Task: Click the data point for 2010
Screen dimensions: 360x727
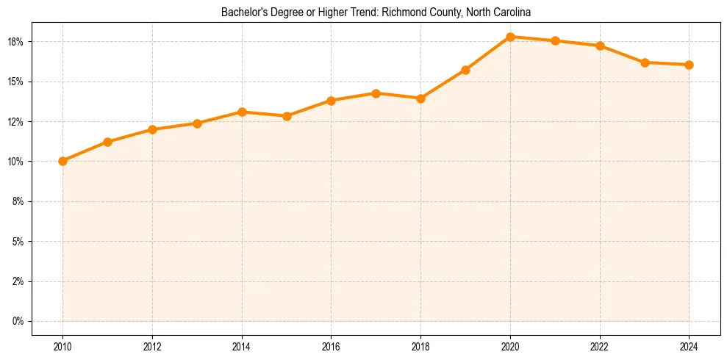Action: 62,161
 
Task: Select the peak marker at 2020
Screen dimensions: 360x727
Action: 510,37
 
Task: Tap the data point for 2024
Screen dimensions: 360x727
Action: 689,65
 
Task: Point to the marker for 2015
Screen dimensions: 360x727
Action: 287,116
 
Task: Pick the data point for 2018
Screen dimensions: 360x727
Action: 420,98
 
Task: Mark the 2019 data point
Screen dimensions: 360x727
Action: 465,70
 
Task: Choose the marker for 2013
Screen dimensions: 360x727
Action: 197,123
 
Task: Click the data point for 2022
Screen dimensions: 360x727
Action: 600,46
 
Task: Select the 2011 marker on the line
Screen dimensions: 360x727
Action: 107,142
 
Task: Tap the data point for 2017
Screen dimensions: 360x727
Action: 376,93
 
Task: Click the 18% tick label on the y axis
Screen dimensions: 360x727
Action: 16,41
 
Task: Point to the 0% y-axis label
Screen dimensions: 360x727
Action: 18,321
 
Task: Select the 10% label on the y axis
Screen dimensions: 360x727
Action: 16,162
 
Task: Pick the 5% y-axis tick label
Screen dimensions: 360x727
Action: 18,241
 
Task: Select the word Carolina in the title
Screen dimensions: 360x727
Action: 512,12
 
